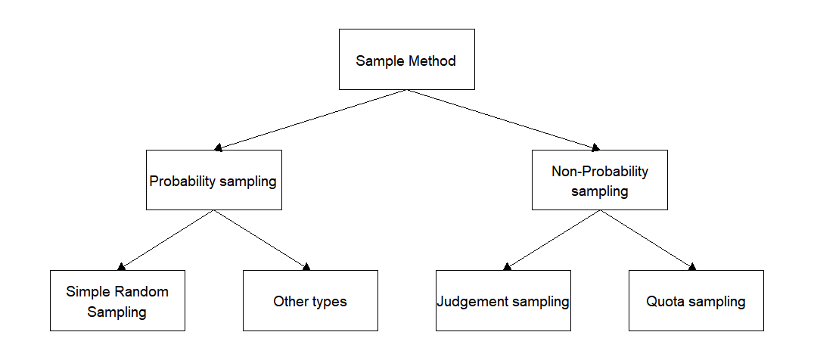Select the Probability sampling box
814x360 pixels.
click(213, 180)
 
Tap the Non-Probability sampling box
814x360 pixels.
click(599, 180)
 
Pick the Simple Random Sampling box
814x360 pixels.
click(117, 301)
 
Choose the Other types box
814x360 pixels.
click(310, 301)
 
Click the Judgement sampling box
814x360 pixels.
click(503, 301)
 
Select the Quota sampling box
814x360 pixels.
click(696, 301)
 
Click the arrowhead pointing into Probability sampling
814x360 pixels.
click(219, 147)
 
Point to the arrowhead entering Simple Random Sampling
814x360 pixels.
click(122, 267)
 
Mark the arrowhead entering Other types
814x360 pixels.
click(306, 267)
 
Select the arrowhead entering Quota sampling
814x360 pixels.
click(691, 267)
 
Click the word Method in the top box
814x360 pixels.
click(432, 61)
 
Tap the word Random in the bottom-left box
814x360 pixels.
click(142, 291)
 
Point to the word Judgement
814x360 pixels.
click(474, 302)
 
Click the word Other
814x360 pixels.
click(290, 302)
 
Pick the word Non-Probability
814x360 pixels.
click(599, 172)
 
